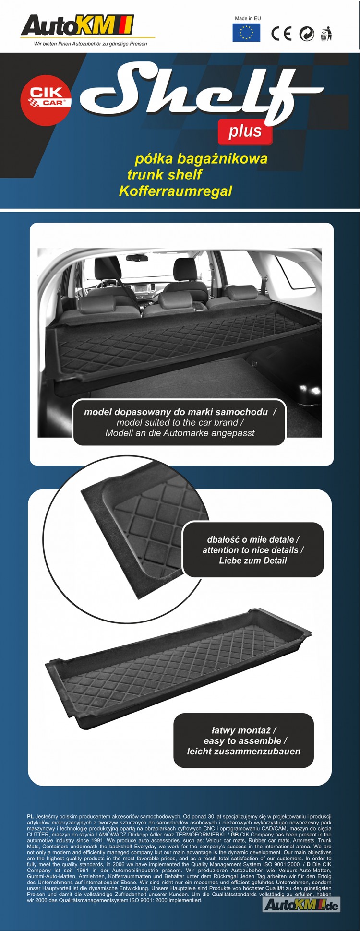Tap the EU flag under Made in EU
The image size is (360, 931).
(x=247, y=33)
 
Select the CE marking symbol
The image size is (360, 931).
(x=281, y=34)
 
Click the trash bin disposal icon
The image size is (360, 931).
(x=326, y=34)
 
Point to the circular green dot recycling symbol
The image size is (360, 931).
(x=306, y=34)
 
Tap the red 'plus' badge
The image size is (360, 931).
(x=245, y=131)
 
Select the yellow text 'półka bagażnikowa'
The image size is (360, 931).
(x=201, y=158)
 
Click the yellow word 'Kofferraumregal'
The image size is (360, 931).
(x=175, y=191)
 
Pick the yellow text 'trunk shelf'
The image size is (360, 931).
(x=164, y=175)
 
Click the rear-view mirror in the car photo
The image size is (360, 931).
(x=136, y=258)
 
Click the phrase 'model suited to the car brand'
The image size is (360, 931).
(x=177, y=422)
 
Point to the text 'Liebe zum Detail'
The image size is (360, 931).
(x=253, y=561)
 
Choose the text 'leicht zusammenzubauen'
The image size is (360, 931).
(x=244, y=752)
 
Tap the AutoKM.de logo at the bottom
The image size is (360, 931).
(x=301, y=905)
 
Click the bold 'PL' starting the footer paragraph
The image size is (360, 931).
(x=30, y=816)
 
